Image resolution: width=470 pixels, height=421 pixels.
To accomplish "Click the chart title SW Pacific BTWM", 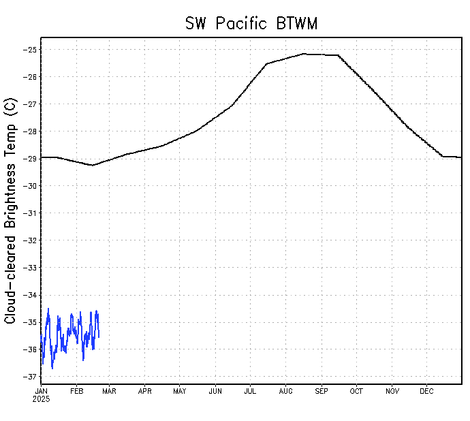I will pyautogui.click(x=251, y=23).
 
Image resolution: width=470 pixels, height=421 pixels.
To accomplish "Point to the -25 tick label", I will pyautogui.click(x=30, y=50).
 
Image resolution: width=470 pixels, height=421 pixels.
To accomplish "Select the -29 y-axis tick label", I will pyautogui.click(x=30, y=159).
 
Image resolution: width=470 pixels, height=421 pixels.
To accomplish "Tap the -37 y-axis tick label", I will pyautogui.click(x=30, y=377).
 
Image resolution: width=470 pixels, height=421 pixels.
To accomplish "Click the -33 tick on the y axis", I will pyautogui.click(x=30, y=268).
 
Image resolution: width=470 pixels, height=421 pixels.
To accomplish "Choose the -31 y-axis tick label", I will pyautogui.click(x=30, y=213).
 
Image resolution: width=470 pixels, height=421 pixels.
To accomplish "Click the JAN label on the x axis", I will pyautogui.click(x=41, y=391).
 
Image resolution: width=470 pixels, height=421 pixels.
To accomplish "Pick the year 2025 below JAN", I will pyautogui.click(x=42, y=399).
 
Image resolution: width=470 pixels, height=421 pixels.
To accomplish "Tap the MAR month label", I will pyautogui.click(x=110, y=391).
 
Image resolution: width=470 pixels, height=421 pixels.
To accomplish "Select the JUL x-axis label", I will pyautogui.click(x=250, y=391).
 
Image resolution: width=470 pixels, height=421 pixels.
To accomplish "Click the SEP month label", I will pyautogui.click(x=322, y=391).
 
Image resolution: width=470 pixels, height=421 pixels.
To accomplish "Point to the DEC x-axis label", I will pyautogui.click(x=427, y=391).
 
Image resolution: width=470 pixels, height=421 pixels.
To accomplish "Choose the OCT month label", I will pyautogui.click(x=356, y=391).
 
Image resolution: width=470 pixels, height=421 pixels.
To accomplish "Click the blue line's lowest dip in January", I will pyautogui.click(x=52, y=369).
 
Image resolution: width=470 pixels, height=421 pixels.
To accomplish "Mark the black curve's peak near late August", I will pyautogui.click(x=304, y=54).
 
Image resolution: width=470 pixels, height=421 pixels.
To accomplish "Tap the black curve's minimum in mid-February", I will pyautogui.click(x=93, y=165).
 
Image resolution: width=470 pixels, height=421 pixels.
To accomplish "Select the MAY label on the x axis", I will pyautogui.click(x=180, y=391).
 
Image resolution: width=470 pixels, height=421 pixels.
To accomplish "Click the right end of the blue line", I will pyautogui.click(x=99, y=337).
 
